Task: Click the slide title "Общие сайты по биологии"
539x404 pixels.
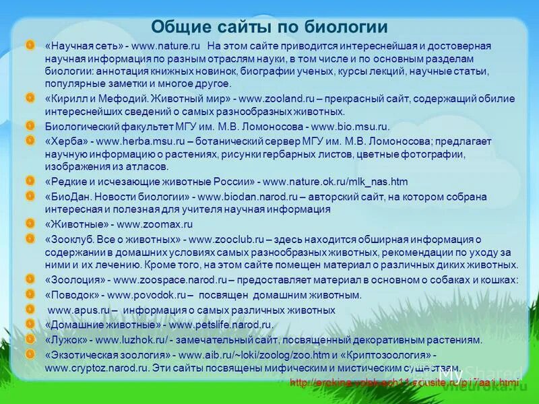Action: [x=269, y=27]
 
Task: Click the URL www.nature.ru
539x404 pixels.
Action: [x=166, y=46]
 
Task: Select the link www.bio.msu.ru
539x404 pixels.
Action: [x=350, y=127]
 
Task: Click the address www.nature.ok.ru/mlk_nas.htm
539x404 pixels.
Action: [x=335, y=182]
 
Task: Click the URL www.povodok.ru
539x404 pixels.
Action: [x=146, y=295]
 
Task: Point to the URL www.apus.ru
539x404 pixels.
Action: [x=80, y=310]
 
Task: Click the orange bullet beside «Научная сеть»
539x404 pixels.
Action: [x=30, y=45]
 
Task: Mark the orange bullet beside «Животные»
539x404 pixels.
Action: [x=30, y=224]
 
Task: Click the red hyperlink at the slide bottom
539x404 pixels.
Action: [x=405, y=382]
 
